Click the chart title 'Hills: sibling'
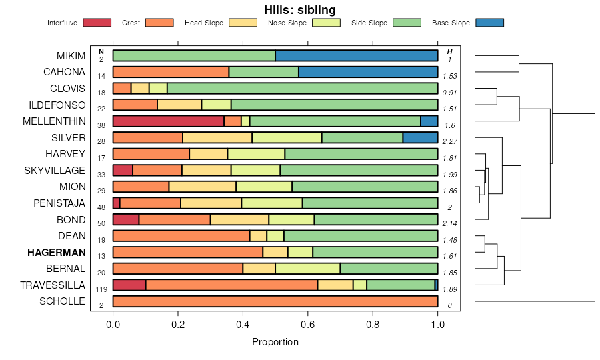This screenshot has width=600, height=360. pos(299,9)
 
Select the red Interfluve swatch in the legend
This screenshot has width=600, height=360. pos(97,23)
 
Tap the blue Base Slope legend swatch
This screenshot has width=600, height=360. pos(489,23)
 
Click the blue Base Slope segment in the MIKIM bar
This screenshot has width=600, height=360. pos(356,55)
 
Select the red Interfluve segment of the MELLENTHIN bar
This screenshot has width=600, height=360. pos(168,121)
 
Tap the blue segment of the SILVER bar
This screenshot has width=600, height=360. pos(420,137)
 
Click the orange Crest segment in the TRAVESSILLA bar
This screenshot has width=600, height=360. pos(231,285)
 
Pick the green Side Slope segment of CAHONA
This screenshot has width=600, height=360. pos(263,72)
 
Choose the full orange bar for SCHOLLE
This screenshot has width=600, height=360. pos(275,301)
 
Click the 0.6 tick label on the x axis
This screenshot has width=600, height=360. pos(307,326)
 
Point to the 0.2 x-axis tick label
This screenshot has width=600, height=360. pos(178,326)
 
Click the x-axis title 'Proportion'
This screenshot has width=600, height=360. pos(275,342)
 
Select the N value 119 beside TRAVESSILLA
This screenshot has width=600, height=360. pos(101,289)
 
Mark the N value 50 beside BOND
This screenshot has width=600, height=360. pos(101,223)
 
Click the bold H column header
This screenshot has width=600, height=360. pos(450,51)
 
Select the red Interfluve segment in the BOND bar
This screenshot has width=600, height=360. pos(126,219)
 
